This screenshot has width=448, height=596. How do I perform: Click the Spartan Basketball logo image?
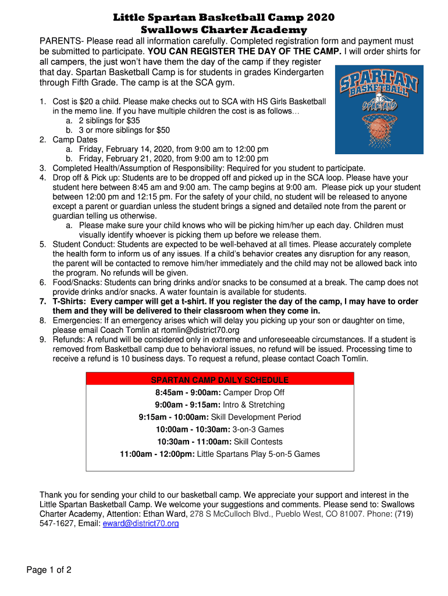379,109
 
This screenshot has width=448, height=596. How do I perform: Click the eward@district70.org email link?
140,524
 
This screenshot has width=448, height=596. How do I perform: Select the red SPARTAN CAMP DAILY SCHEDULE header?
220,380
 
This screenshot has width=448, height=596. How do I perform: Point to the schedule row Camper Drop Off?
220,392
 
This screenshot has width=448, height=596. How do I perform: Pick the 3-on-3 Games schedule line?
220,430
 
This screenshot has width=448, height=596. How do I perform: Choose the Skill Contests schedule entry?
220,442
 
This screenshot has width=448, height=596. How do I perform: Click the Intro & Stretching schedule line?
220,405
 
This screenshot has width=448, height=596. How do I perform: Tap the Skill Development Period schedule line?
220,417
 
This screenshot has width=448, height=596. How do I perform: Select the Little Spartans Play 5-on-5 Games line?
220,454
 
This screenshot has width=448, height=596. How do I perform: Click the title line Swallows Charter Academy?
224,30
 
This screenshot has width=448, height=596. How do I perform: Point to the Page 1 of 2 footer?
49,570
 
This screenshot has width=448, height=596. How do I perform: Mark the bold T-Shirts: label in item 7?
70,301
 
